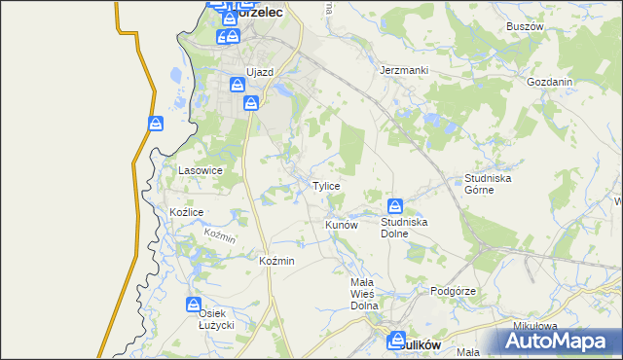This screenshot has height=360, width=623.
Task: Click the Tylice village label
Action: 325,186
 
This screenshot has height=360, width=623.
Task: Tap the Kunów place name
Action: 342,225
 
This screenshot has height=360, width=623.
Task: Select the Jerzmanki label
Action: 404,71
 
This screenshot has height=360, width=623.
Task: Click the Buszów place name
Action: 525,26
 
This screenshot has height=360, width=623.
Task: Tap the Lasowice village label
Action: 202,170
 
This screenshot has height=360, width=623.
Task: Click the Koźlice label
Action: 186,212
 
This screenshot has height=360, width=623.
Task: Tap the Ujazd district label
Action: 260,73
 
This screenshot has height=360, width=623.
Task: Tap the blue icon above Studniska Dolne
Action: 395,206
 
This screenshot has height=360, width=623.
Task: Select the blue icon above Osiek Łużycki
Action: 195,306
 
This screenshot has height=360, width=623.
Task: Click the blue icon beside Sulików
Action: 395,341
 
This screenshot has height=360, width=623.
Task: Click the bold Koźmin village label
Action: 277,262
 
